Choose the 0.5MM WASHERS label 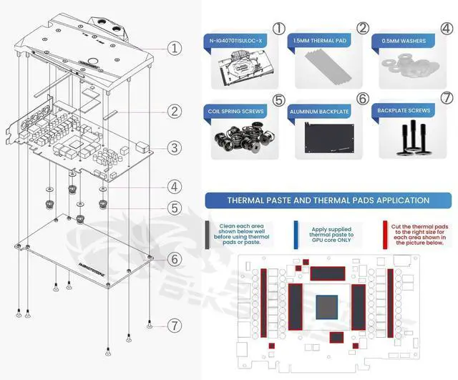pos(406,40)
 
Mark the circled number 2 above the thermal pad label pos(363,29)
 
